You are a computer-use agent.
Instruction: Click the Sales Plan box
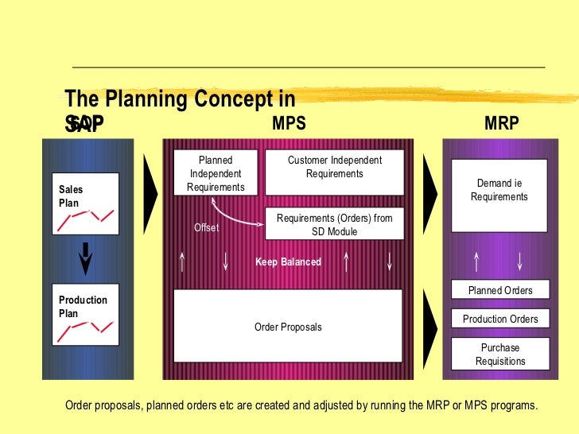[85, 203]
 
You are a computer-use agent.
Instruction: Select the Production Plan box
[85, 314]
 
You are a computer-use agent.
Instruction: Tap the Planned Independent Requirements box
[216, 173]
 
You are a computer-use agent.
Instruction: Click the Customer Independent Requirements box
[334, 172]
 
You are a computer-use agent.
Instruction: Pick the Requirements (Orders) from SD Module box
[334, 224]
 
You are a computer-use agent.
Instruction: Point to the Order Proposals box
[288, 326]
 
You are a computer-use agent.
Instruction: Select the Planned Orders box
[499, 290]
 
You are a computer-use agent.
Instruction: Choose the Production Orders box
[499, 319]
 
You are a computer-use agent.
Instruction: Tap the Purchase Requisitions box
[499, 355]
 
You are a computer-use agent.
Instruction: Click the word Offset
[206, 228]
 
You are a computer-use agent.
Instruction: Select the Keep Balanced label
[288, 262]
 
